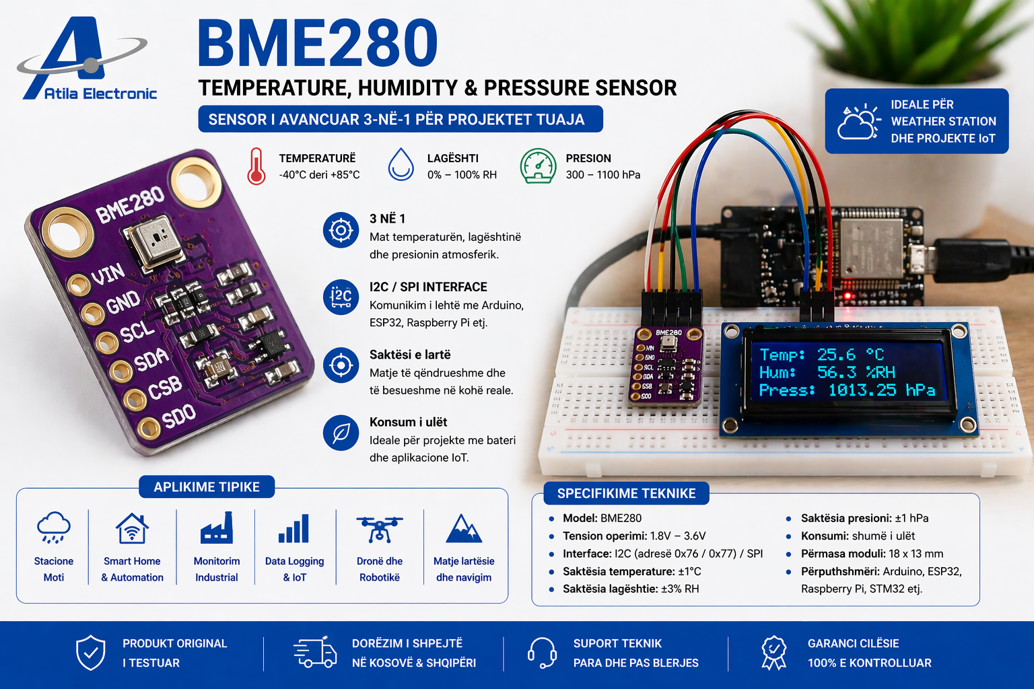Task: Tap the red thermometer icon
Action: click(x=256, y=166)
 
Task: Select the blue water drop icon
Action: click(x=401, y=165)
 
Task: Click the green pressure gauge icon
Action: click(x=538, y=166)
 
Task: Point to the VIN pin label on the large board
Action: click(x=108, y=275)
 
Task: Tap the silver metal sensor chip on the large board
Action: click(x=155, y=242)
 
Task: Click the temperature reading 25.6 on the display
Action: click(x=836, y=355)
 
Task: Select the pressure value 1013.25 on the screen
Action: click(x=862, y=390)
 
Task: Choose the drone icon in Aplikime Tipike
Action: click(x=380, y=528)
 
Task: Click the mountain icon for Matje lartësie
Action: click(x=464, y=529)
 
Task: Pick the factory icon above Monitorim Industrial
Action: click(x=217, y=528)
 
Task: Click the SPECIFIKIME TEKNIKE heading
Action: click(x=626, y=493)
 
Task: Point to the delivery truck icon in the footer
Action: click(x=315, y=652)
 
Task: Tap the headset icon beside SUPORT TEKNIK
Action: click(x=542, y=653)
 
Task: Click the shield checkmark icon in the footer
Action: click(x=90, y=653)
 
